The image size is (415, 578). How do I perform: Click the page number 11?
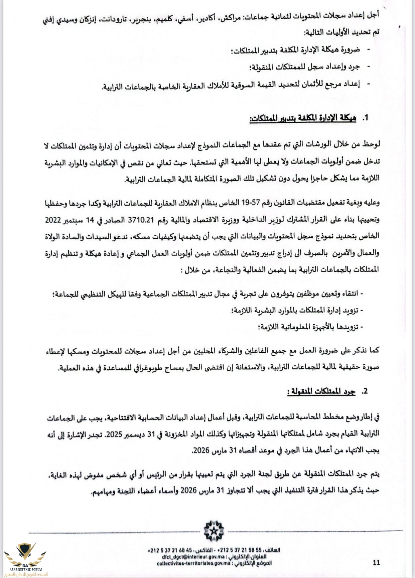(x=376, y=563)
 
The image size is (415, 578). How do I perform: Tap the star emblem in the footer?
(x=214, y=531)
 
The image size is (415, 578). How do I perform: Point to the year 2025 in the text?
(x=136, y=435)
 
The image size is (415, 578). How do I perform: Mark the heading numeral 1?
(x=365, y=118)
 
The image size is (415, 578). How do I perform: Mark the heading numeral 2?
(x=365, y=391)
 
